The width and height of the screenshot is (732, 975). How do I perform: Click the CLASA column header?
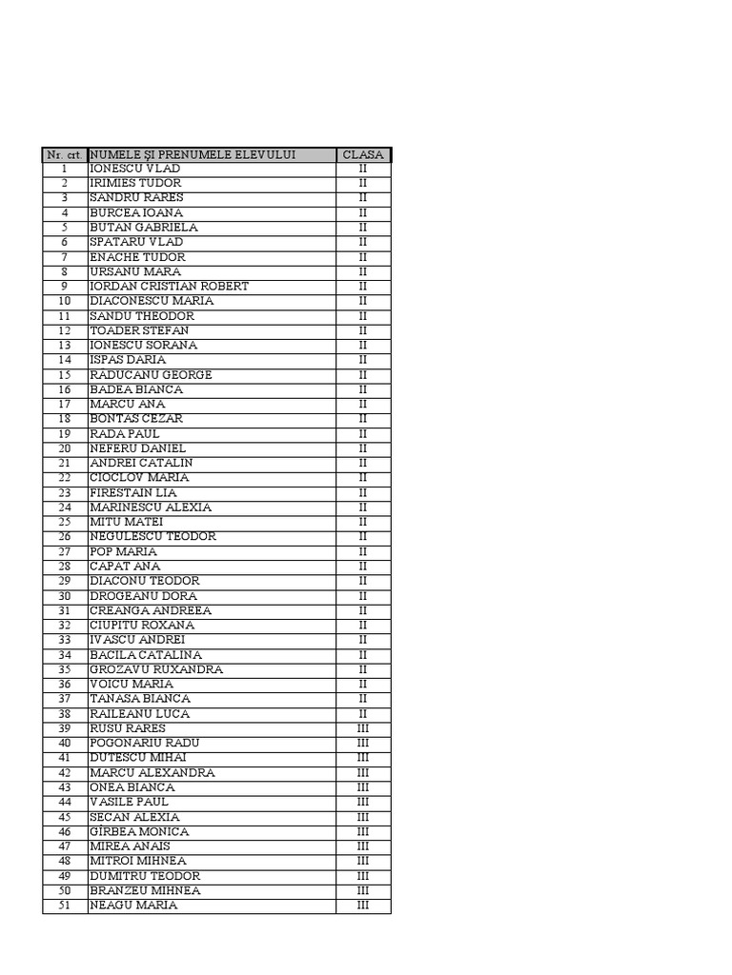coord(363,154)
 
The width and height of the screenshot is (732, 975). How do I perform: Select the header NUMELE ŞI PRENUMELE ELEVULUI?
coord(193,154)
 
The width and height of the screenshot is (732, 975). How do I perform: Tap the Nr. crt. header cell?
coord(64,154)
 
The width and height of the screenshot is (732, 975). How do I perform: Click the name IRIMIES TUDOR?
coord(135,183)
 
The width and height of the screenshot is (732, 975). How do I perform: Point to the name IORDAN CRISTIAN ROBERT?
coord(169,286)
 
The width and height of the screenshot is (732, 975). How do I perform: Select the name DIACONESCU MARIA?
coord(152,301)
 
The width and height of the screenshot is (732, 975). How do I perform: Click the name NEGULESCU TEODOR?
coord(152,536)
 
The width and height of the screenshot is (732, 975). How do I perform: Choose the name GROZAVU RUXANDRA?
coord(156,669)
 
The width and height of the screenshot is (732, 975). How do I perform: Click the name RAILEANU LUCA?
coord(139,713)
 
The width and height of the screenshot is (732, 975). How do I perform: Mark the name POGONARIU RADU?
coord(145,743)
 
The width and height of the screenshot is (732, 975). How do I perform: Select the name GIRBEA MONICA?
coord(139,831)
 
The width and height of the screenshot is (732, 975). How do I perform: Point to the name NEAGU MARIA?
coord(133,905)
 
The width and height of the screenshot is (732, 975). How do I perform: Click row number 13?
coord(65,345)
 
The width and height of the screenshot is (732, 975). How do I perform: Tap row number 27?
coord(65,551)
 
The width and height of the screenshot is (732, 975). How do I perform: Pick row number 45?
coord(65,817)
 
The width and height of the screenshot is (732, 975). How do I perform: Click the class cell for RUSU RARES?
coord(363,728)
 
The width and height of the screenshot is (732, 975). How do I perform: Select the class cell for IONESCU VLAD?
coord(363,169)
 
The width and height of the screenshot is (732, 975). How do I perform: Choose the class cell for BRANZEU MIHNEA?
coord(363,890)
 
